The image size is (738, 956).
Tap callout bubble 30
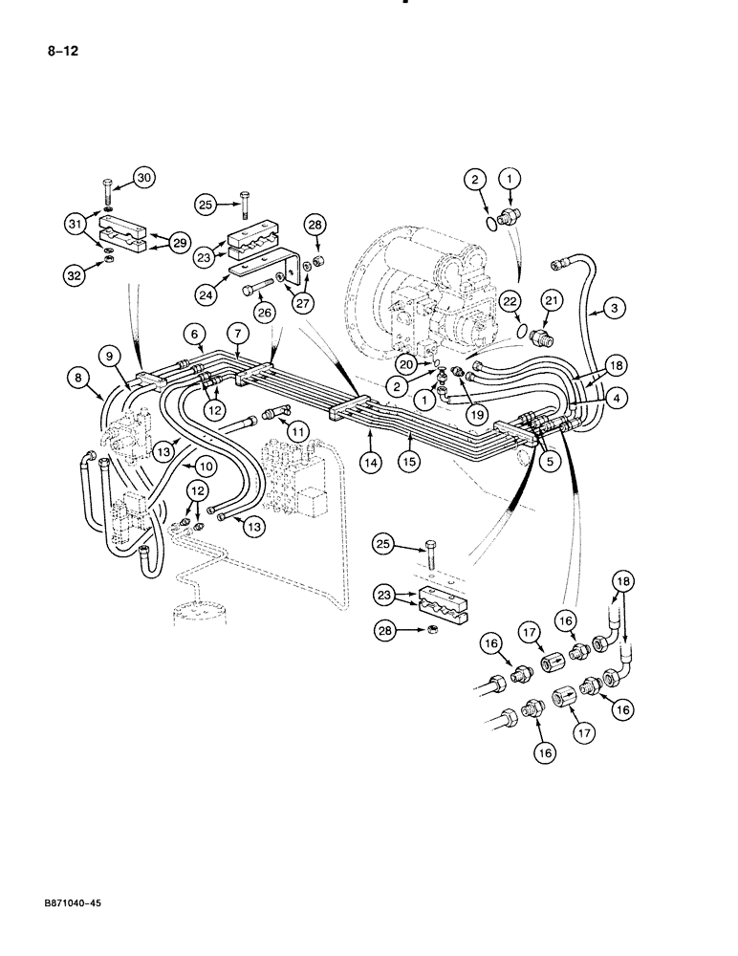(143, 178)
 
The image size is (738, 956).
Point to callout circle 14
(370, 462)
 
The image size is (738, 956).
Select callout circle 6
(196, 334)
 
